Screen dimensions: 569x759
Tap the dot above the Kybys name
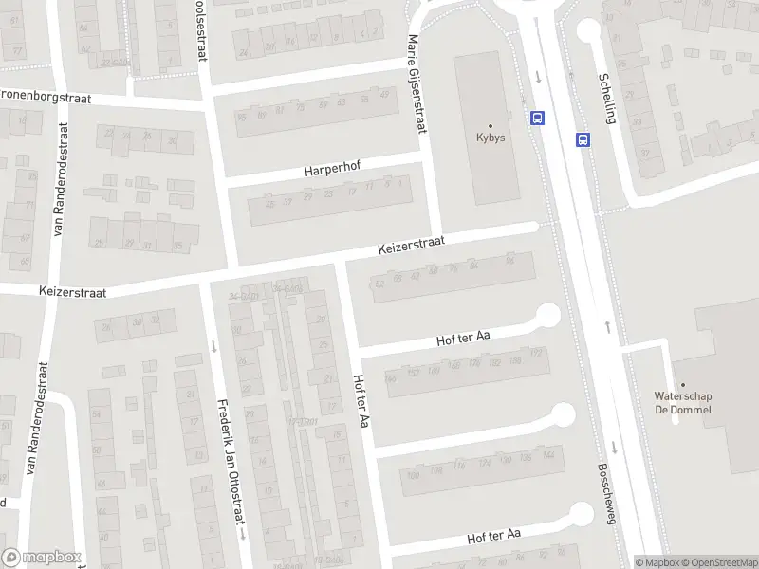pos(491,125)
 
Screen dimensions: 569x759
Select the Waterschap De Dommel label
pos(682,403)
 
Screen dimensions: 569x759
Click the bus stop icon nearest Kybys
pos(538,119)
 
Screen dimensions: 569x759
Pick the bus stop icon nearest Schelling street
pos(582,139)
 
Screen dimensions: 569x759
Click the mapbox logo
pos(41,558)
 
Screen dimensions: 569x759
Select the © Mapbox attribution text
pos(657,562)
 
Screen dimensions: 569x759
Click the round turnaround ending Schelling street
pos(588,30)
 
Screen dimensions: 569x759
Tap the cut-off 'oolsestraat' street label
pos(200,28)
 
